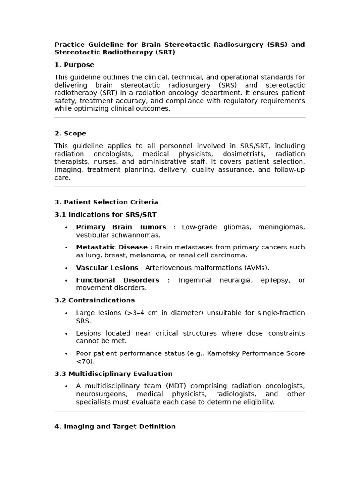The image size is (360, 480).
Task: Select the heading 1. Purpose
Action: coord(74,65)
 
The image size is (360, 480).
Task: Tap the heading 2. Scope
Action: coord(70,134)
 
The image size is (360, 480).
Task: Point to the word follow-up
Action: coord(290,170)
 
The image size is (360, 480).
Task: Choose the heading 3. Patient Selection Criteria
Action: coord(106,202)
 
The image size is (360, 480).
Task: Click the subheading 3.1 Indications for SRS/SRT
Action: coord(105,215)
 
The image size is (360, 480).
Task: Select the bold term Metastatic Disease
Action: coord(112,247)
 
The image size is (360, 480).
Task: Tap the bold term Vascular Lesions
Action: coord(107,268)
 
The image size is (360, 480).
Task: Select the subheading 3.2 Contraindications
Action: coord(94,300)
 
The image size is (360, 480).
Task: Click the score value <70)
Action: coord(85,361)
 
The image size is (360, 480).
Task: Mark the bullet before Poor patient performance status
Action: coord(66,354)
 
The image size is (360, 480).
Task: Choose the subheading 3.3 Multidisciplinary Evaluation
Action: coord(113,374)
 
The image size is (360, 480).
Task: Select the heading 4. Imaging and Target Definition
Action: coord(115,427)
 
